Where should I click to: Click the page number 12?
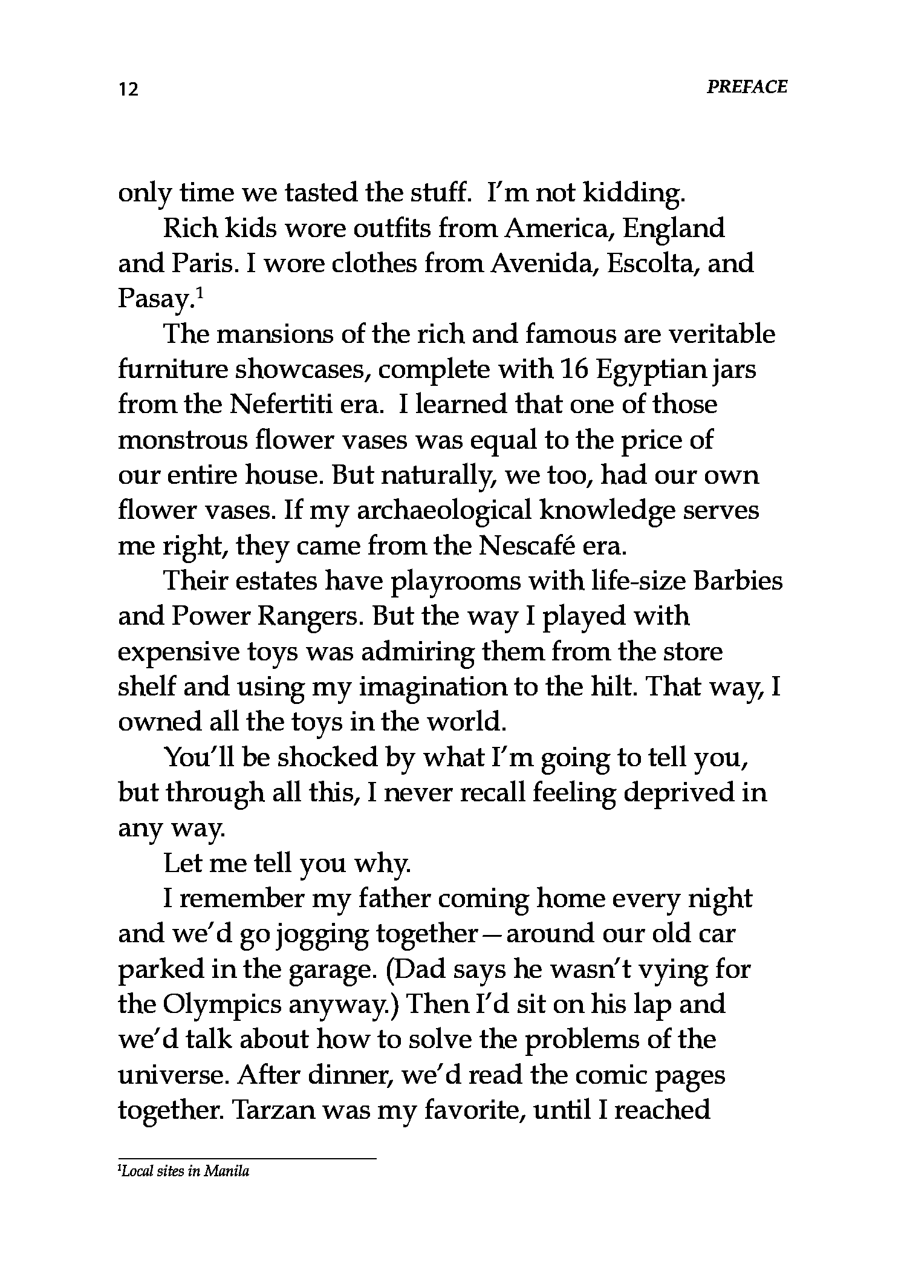(x=129, y=90)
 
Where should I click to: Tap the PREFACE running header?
(x=747, y=87)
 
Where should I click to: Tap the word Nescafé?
(x=525, y=545)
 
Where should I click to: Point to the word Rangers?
(x=310, y=617)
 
